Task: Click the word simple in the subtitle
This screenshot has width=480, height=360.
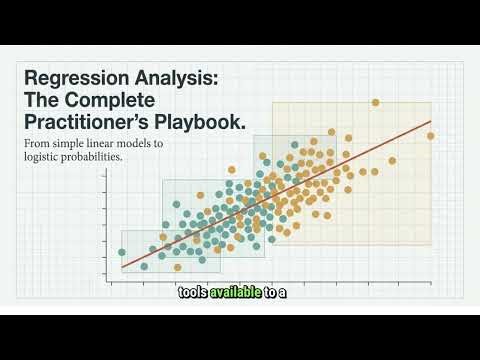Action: click(65, 144)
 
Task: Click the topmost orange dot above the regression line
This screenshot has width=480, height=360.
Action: click(375, 103)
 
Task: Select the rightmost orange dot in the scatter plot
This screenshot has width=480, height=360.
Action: click(431, 136)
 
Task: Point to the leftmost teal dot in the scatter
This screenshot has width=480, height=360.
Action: click(122, 252)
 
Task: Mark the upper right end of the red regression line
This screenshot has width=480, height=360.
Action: click(431, 122)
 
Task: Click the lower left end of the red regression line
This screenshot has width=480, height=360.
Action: click(122, 267)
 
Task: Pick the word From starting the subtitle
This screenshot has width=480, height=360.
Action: click(36, 144)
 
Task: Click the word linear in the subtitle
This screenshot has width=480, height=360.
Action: click(102, 144)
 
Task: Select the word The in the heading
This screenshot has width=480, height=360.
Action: click(43, 101)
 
